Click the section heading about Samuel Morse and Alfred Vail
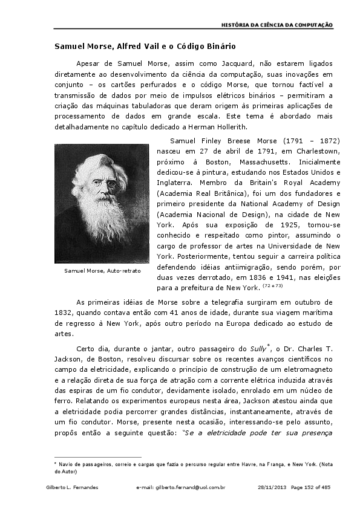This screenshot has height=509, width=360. point(145,46)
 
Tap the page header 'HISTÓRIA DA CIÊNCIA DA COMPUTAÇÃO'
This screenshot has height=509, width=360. point(277,25)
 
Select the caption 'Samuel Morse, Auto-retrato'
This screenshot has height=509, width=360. point(102,270)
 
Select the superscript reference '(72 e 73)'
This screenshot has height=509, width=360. point(273,286)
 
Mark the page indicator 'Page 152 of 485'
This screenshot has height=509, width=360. point(312,487)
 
